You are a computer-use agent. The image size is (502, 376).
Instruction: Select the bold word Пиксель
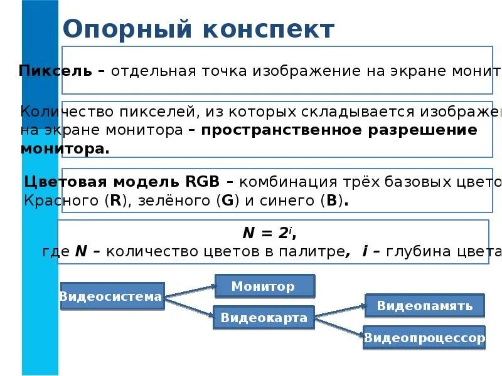point(55,70)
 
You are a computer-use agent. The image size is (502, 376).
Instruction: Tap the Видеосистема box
point(111,296)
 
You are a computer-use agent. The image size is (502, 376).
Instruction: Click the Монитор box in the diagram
point(264,286)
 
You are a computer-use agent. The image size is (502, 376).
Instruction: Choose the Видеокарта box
point(264,318)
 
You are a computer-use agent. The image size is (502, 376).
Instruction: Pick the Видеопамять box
point(424,306)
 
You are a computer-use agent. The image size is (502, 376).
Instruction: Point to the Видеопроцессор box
point(425,338)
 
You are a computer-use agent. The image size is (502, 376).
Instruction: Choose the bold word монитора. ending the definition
point(64,149)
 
